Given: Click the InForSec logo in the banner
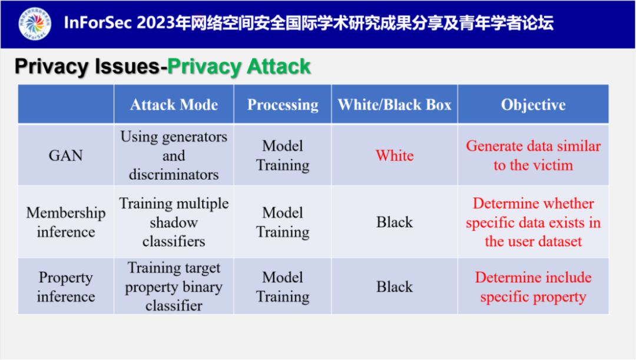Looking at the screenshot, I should pyautogui.click(x=35, y=24).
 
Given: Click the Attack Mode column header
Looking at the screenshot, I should pyautogui.click(x=174, y=105).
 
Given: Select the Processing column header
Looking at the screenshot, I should pyautogui.click(x=283, y=105).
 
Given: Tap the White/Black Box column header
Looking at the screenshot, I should pyautogui.click(x=395, y=105).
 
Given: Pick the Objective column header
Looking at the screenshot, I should pyautogui.click(x=533, y=105).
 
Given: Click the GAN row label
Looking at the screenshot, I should pyautogui.click(x=66, y=156).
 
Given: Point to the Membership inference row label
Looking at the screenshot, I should pyautogui.click(x=66, y=222).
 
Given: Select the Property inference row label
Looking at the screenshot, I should pyautogui.click(x=66, y=286).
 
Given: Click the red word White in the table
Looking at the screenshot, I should pyautogui.click(x=395, y=156).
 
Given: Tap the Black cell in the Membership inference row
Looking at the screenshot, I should pyautogui.click(x=395, y=222).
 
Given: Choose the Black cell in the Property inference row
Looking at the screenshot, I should pyautogui.click(x=395, y=287).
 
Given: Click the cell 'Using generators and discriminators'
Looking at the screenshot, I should pyautogui.click(x=174, y=156).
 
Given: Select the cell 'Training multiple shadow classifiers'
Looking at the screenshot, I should pyautogui.click(x=174, y=222).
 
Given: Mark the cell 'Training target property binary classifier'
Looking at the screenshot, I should pyautogui.click(x=174, y=287).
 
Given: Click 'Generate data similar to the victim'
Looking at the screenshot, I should pyautogui.click(x=533, y=156).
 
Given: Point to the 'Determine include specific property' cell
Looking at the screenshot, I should pyautogui.click(x=533, y=287).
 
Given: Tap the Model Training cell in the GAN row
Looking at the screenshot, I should pyautogui.click(x=283, y=156).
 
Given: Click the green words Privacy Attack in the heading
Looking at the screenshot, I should pyautogui.click(x=238, y=67).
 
